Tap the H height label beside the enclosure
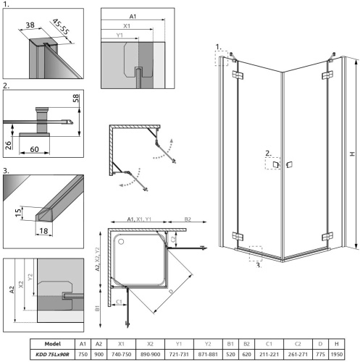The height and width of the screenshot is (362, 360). pos(351,154)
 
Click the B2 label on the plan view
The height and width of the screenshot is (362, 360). pos(187,218)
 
